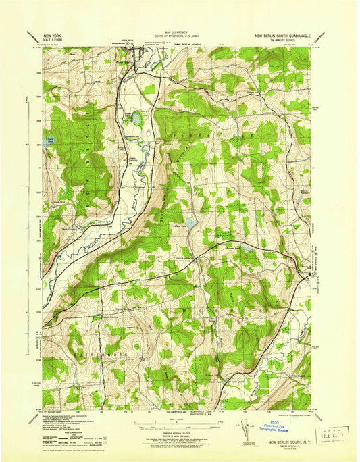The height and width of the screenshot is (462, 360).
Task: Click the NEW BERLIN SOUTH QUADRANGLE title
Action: click(x=282, y=34)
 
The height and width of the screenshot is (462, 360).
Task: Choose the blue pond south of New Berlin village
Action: click(x=135, y=119)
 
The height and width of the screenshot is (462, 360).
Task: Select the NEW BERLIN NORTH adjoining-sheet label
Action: click(x=190, y=43)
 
